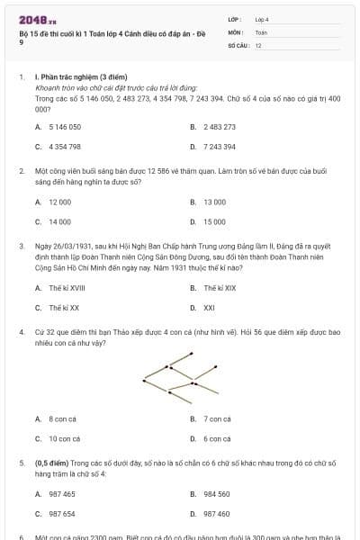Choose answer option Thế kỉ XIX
[x=219, y=288]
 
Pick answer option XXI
[x=209, y=307]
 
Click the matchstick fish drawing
[x=180, y=376]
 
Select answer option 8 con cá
[x=63, y=419]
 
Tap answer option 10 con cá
[x=65, y=438]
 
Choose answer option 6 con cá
[x=217, y=438]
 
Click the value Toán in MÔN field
[x=261, y=31]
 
